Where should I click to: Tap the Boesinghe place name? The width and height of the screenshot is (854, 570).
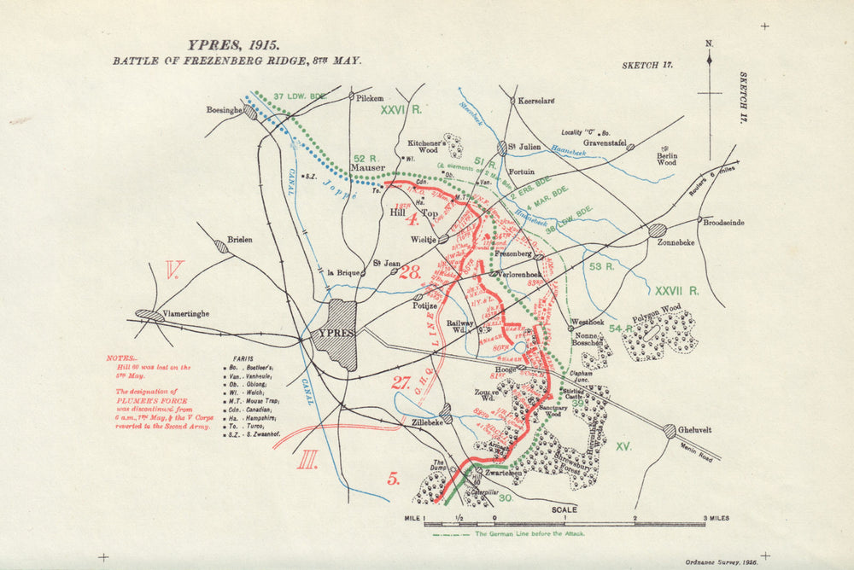[224, 110]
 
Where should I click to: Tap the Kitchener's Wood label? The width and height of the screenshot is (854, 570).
[424, 147]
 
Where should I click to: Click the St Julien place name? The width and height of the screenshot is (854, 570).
[525, 147]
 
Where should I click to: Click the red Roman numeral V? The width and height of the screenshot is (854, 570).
[174, 271]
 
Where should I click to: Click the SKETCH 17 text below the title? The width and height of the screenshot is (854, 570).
[651, 65]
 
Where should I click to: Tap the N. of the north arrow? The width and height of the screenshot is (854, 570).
[709, 43]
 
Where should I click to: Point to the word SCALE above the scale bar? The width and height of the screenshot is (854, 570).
[564, 510]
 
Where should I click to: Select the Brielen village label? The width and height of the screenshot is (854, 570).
[240, 241]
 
